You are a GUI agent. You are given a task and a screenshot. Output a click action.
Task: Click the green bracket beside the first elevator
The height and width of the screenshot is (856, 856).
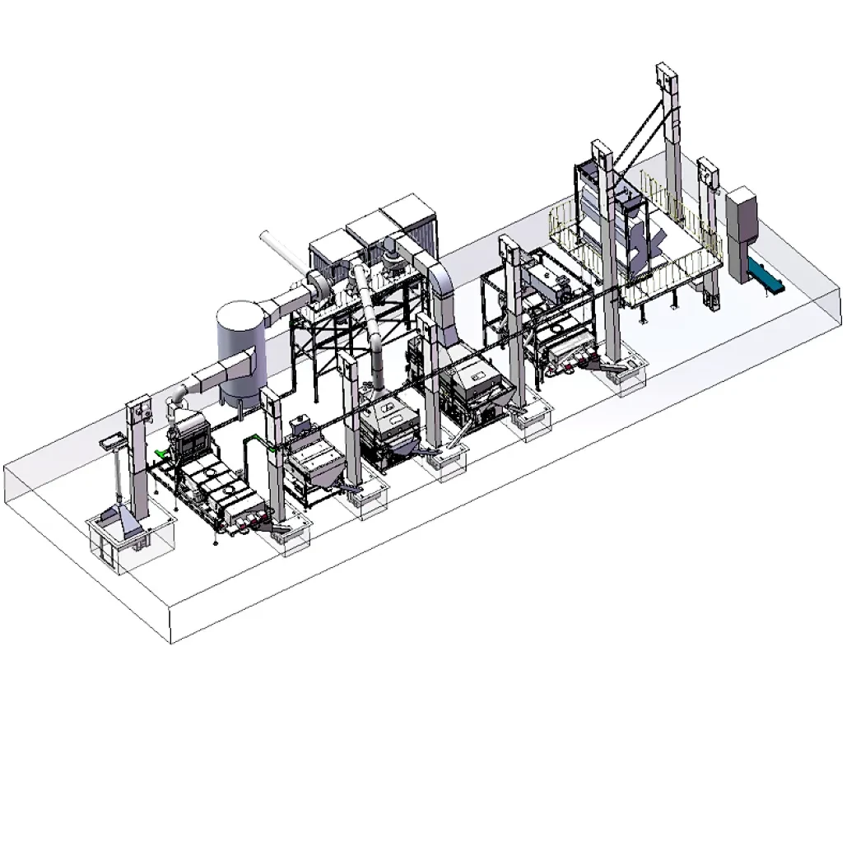pos(160,454)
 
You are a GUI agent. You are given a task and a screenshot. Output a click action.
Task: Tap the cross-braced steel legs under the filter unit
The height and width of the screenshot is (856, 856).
pos(329,346)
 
